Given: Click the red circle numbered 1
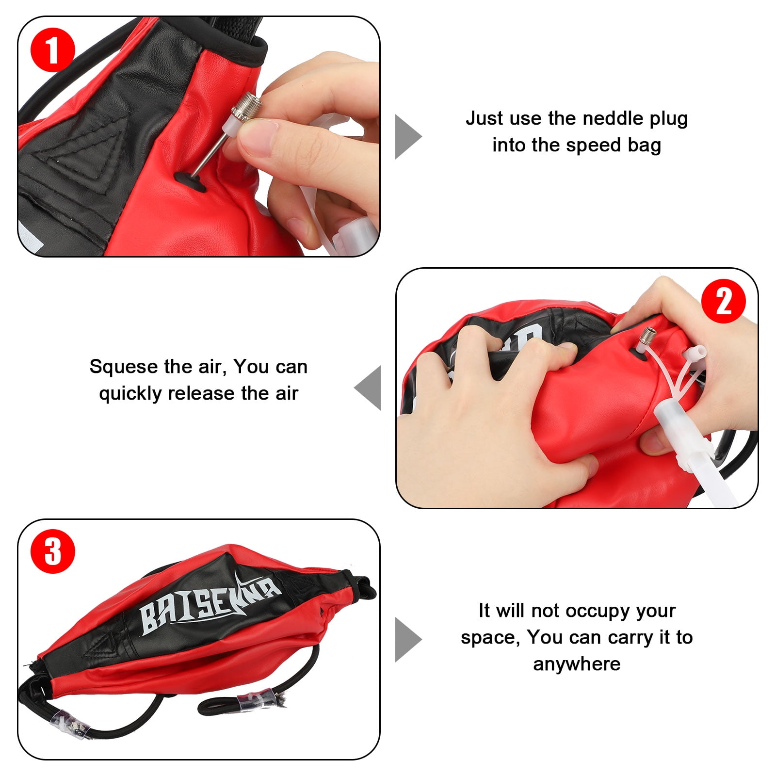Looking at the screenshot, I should point(52,50).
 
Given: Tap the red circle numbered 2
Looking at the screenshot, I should point(723,301).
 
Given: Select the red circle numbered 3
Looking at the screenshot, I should point(52,551).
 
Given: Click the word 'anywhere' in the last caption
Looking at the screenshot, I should point(577,664).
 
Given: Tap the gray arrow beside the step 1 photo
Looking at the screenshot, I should point(407,137).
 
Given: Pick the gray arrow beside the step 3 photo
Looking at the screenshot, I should point(407,639).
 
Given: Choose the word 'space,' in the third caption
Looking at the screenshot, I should point(490,637).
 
